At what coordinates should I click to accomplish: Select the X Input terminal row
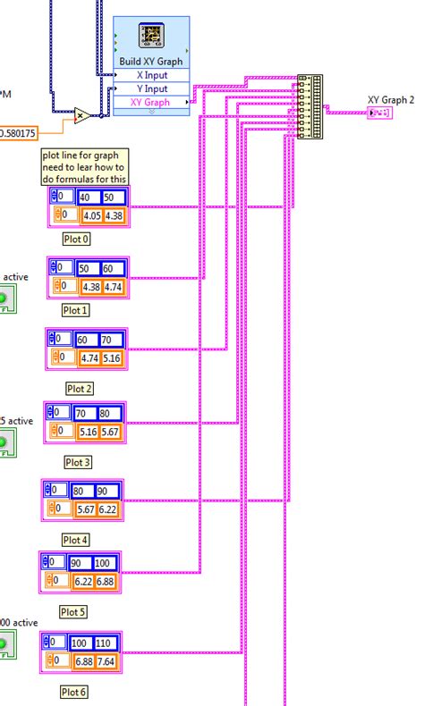(151, 75)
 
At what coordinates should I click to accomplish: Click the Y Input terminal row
(151, 88)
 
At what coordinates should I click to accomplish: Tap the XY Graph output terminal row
(151, 103)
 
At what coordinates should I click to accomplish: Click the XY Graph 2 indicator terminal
(377, 113)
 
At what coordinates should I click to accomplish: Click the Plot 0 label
(76, 239)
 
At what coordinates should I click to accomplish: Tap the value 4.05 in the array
(91, 215)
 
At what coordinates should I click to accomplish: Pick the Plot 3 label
(78, 462)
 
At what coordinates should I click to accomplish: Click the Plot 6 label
(74, 691)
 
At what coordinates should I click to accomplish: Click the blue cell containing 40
(90, 198)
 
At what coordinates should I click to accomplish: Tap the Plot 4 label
(75, 540)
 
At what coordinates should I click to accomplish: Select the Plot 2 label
(80, 388)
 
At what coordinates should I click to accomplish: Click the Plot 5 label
(73, 612)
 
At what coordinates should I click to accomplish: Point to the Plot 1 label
(75, 310)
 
